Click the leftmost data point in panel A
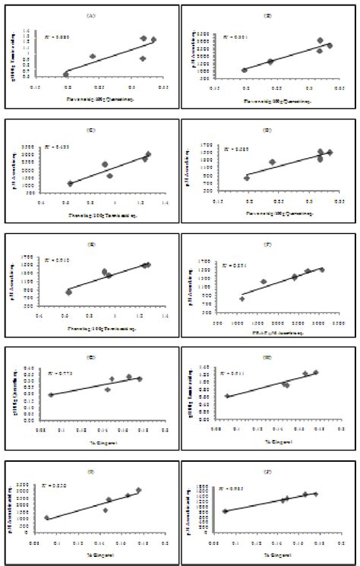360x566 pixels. [x=66, y=74]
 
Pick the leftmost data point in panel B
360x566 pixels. [x=245, y=70]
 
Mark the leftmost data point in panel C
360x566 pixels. [x=70, y=183]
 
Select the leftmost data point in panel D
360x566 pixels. [x=247, y=178]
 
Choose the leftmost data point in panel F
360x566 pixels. [x=242, y=299]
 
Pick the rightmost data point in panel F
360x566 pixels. [x=321, y=270]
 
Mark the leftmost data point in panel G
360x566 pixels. [x=51, y=394]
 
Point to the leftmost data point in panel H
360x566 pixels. [x=228, y=396]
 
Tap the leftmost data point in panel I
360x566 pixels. [x=47, y=518]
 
